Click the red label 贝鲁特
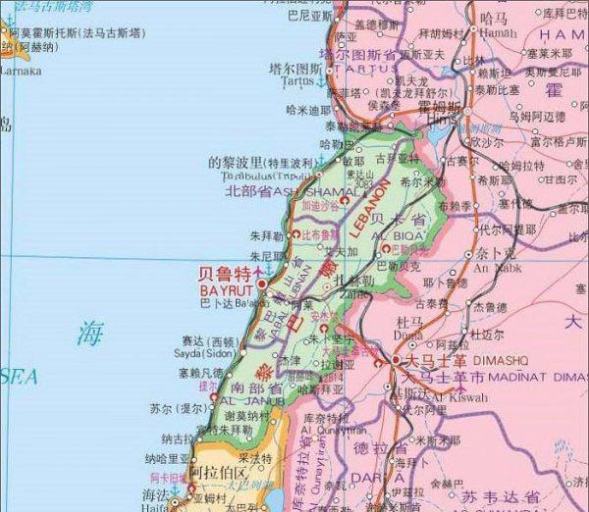pyautogui.click(x=226, y=273)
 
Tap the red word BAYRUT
pyautogui.click(x=227, y=291)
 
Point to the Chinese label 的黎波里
pyautogui.click(x=235, y=162)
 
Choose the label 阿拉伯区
pyautogui.click(x=213, y=473)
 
